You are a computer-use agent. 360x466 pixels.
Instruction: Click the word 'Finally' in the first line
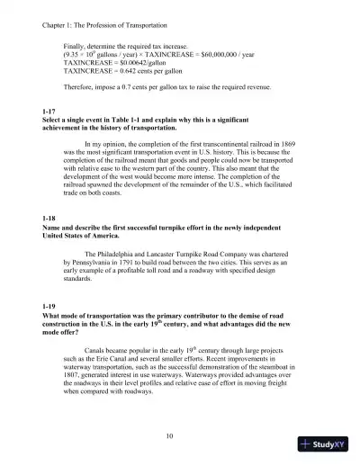tap(76, 45)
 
